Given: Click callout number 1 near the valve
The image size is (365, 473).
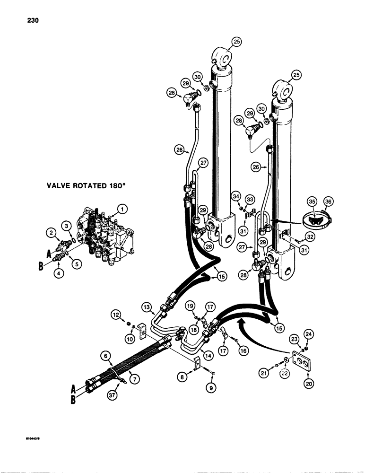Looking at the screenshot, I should point(122,208).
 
